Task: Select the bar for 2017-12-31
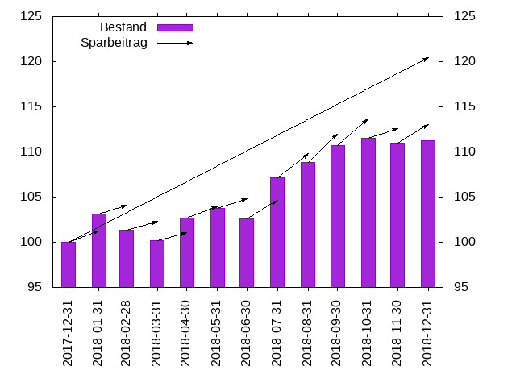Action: [69, 264]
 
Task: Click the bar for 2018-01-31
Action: [98, 250]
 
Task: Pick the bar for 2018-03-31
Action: [157, 264]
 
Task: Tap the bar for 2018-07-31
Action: [277, 232]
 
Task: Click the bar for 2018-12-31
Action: [428, 214]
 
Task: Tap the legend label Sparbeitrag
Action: [114, 43]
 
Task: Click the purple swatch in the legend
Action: [175, 27]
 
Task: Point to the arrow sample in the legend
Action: [175, 43]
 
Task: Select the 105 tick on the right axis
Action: [465, 197]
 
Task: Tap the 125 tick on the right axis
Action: [465, 16]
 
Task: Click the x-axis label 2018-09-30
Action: [338, 333]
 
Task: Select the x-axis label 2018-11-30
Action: [397, 333]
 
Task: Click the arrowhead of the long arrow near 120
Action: [427, 58]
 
